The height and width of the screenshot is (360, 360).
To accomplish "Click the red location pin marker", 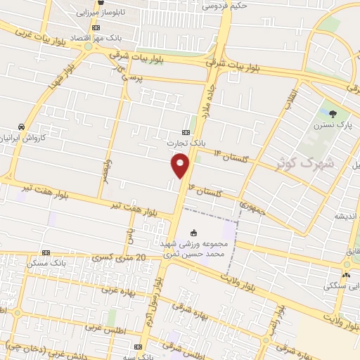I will click(181, 165).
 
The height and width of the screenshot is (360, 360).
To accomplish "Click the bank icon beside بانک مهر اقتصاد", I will click(96, 27).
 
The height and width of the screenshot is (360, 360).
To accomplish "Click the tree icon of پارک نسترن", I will click(333, 113).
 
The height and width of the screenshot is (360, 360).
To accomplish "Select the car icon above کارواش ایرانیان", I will click(22, 126).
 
